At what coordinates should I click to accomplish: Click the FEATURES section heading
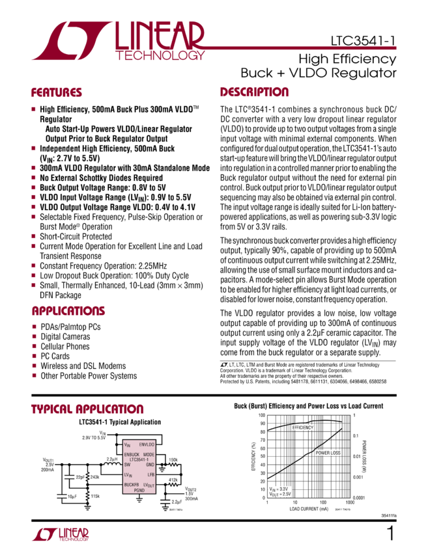tap(57, 92)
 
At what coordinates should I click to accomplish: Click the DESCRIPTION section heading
tap(254, 92)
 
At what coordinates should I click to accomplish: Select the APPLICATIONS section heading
tap(64, 311)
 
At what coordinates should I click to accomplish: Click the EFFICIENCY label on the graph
tap(302, 427)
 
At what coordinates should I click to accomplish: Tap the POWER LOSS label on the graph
tap(327, 452)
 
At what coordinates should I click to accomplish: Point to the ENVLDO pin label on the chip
tap(147, 444)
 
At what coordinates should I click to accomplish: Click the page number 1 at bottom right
tap(390, 534)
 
